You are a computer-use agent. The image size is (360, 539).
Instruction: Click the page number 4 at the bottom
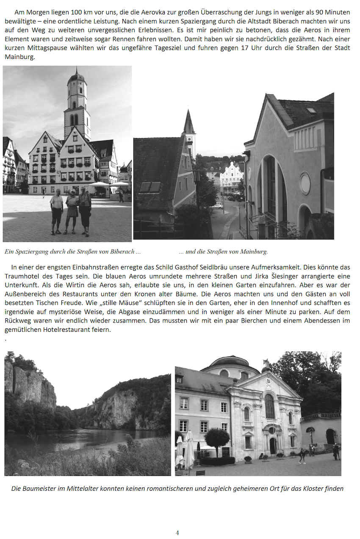tap(177, 533)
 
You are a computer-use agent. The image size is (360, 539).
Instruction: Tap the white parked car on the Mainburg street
tap(216, 206)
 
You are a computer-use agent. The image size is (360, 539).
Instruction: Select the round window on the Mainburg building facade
tap(305, 183)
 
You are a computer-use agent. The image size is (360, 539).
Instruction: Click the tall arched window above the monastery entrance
tap(270, 406)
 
